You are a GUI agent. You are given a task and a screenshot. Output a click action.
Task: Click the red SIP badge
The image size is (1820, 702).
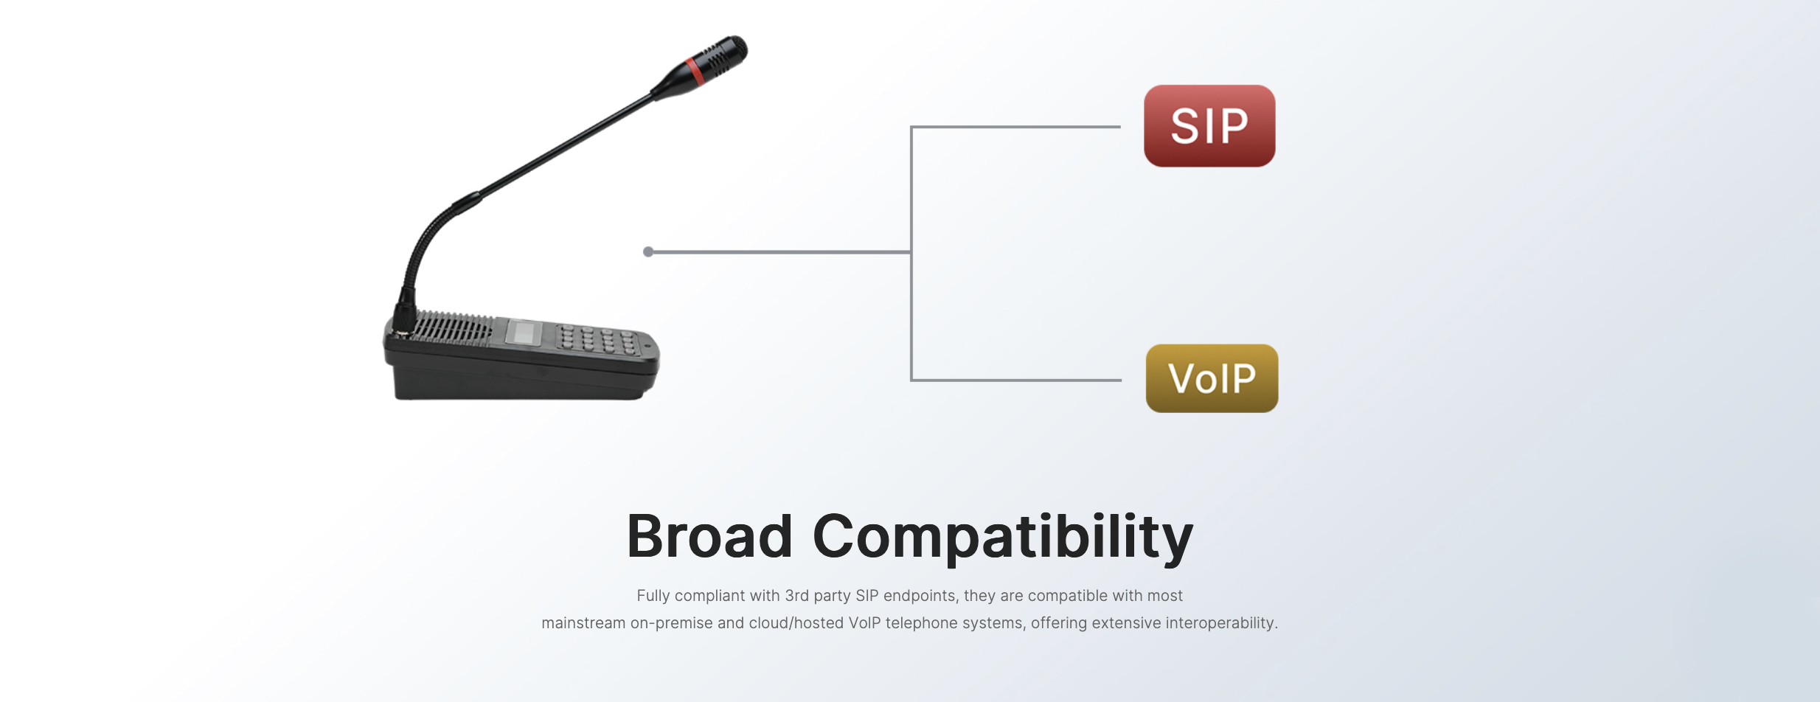[x=1209, y=126]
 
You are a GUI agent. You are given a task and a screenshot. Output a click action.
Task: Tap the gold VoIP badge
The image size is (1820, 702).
[x=1212, y=378]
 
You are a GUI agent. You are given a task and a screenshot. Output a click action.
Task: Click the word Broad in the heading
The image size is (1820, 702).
[x=709, y=536]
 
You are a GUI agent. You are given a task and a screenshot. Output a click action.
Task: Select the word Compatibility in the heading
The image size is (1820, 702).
[x=1002, y=538]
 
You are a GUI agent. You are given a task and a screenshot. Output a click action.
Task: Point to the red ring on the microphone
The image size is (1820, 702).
[x=694, y=71]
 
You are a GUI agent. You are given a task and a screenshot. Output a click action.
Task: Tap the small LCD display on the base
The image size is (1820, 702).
[x=523, y=333]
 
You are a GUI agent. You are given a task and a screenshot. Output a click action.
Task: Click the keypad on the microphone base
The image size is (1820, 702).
[x=598, y=340]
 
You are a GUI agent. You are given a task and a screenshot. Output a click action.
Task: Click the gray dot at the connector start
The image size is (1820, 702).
[x=648, y=252]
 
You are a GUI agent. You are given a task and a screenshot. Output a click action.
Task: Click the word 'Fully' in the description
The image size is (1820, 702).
[x=653, y=596]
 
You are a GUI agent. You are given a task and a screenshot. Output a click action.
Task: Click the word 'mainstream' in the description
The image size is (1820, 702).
[x=583, y=623]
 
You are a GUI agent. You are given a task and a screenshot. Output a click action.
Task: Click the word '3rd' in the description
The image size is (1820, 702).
[x=796, y=596]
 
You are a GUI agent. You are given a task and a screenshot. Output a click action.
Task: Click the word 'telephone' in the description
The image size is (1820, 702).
[x=920, y=623]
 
